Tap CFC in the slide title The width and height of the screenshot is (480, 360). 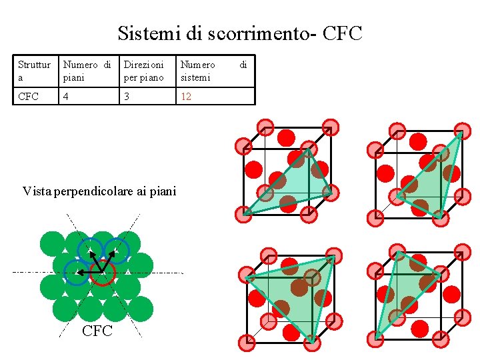click(x=342, y=33)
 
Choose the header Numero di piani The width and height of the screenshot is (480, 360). click(x=87, y=71)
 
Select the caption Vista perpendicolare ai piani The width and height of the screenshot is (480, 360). click(x=99, y=192)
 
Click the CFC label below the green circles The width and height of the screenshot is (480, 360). click(x=97, y=331)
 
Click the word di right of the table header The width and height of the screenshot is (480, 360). click(x=243, y=65)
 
